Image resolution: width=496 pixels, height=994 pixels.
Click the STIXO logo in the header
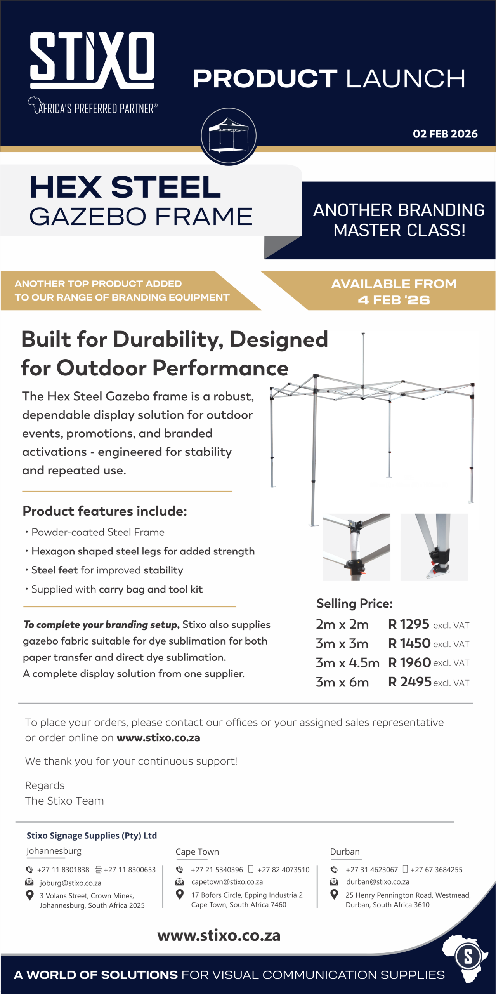point(92,61)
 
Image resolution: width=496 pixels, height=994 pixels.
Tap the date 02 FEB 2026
point(445,134)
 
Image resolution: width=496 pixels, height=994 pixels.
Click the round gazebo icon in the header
point(229,136)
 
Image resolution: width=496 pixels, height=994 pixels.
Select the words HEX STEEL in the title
point(125,187)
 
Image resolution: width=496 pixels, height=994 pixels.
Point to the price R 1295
point(409,624)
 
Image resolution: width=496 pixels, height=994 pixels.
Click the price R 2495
point(410,682)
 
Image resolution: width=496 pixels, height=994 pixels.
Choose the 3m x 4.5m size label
point(347,663)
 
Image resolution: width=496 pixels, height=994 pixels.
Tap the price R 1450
point(409,643)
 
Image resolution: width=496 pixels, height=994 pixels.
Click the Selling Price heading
point(354,604)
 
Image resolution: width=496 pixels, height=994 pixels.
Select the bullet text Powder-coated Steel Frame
point(98,532)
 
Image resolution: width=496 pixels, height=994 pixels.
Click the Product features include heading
point(105,511)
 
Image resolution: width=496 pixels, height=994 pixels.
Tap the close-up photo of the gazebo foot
point(434,547)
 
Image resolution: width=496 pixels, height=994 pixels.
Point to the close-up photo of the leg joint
point(357,547)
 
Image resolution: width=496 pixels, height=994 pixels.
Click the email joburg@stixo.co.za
point(70,883)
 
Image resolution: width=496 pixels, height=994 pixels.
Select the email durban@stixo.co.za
point(378,882)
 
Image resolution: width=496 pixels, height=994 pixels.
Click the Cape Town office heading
point(197,852)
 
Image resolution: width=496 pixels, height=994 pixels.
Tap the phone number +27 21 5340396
point(217,870)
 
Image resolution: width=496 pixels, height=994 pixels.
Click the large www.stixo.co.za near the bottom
point(219,936)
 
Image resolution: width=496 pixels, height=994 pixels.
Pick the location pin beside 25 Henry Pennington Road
point(334,895)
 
